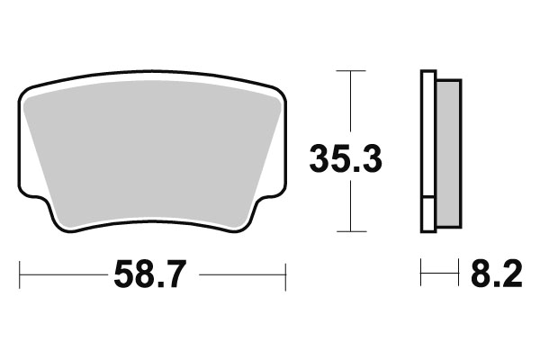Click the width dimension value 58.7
(x=150, y=274)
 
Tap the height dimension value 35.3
(x=346, y=158)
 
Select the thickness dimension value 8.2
(x=497, y=274)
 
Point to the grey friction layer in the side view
(x=448, y=154)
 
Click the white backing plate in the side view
(x=428, y=134)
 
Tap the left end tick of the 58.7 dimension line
(x=20, y=274)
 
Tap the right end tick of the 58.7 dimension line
(x=285, y=276)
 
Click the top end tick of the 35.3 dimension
(x=351, y=70)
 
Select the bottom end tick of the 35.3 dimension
(x=351, y=231)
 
